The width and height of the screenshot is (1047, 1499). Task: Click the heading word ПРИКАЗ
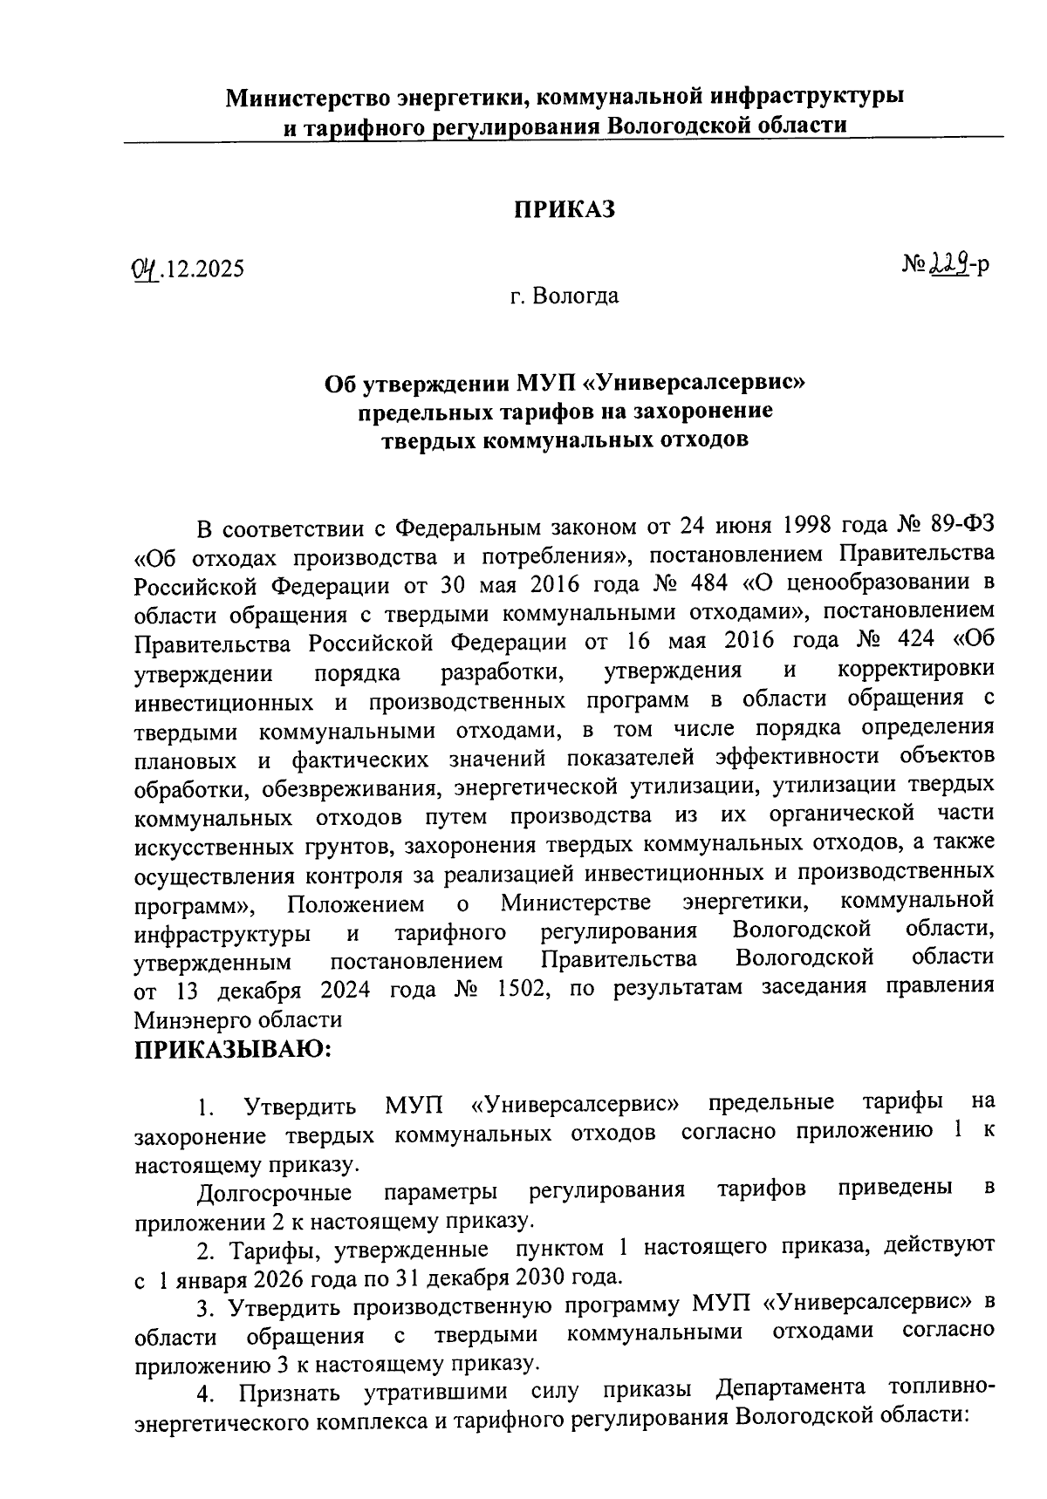click(x=564, y=209)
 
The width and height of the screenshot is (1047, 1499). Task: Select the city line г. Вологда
click(x=565, y=296)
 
